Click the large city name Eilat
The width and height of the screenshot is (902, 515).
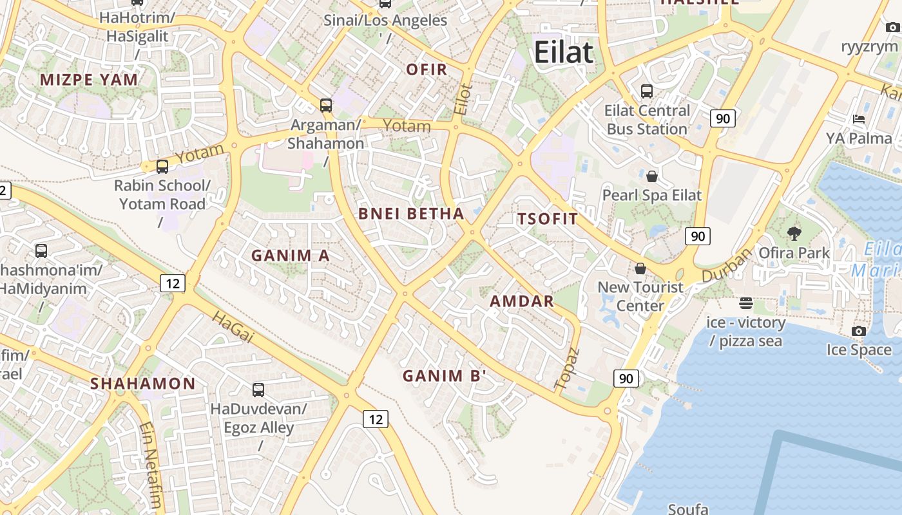563,52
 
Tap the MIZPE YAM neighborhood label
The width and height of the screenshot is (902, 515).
89,80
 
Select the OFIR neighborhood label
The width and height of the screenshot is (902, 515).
427,70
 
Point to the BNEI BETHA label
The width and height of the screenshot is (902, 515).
411,214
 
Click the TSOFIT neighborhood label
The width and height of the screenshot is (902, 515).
548,219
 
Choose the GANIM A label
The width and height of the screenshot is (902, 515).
290,256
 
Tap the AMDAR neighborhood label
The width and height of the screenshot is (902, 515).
522,301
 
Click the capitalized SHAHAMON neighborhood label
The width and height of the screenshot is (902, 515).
142,384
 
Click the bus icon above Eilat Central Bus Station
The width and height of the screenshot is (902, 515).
646,91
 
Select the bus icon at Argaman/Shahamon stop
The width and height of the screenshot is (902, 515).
326,105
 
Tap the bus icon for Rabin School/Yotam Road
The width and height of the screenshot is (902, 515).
162,167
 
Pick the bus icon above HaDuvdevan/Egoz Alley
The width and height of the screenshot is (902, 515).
258,389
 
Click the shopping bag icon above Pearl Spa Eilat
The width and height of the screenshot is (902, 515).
651,176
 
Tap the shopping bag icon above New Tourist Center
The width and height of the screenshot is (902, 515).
640,268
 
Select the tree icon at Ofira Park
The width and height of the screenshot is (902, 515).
794,234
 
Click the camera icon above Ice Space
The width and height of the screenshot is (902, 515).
858,331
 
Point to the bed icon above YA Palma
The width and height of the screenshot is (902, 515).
858,119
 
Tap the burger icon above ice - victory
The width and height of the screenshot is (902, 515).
746,303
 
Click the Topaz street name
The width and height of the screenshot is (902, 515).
567,368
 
